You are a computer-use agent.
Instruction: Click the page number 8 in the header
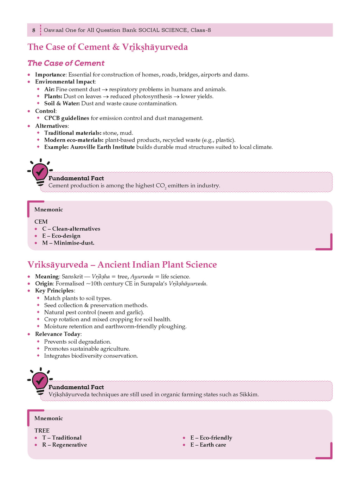tap(34, 30)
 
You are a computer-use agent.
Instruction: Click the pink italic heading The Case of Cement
tap(66, 63)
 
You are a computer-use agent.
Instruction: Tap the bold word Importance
tap(50, 75)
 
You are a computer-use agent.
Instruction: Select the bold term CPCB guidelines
tap(66, 118)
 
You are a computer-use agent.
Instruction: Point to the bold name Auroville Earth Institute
tap(102, 147)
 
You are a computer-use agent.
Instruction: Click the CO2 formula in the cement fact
tap(161, 186)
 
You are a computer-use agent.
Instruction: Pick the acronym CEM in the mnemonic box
tap(41, 222)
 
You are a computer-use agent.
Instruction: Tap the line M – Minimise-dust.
tap(68, 243)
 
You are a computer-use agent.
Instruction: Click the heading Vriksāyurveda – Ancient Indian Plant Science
tap(122, 265)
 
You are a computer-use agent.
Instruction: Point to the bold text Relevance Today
tap(58, 334)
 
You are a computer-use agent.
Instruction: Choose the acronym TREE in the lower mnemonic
tap(42, 431)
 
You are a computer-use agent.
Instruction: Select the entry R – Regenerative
tap(64, 445)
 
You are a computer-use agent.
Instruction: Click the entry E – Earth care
tap(208, 445)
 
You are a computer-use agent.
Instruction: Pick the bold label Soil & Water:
tap(62, 103)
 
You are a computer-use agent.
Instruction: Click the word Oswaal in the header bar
tap(54, 30)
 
